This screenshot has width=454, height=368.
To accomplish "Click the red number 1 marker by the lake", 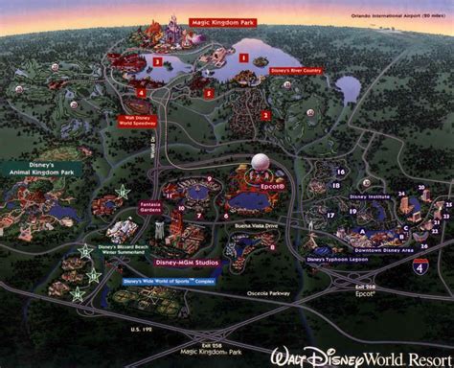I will click(x=243, y=57).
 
